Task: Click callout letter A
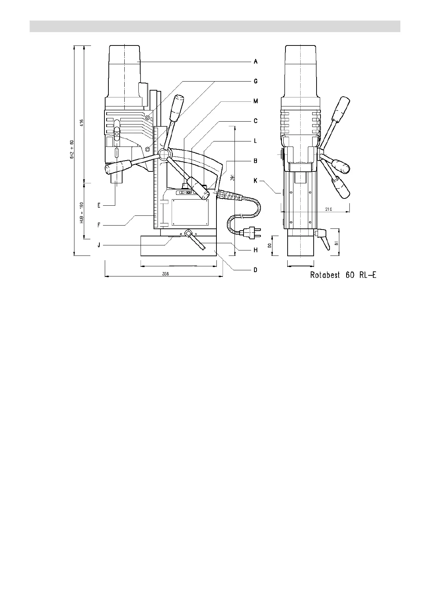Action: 255,62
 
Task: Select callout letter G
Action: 255,81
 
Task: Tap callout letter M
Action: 255,101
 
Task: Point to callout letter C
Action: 255,121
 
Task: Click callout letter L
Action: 255,141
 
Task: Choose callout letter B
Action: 255,161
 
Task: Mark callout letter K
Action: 255,180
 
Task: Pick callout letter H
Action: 255,250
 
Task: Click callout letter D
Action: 255,270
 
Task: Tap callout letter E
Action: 99,205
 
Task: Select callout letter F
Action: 99,225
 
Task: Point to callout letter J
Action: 99,245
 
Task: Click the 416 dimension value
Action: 82,123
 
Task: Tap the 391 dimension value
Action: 233,178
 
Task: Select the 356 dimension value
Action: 165,274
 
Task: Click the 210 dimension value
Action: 328,209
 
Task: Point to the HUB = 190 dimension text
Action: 82,213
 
